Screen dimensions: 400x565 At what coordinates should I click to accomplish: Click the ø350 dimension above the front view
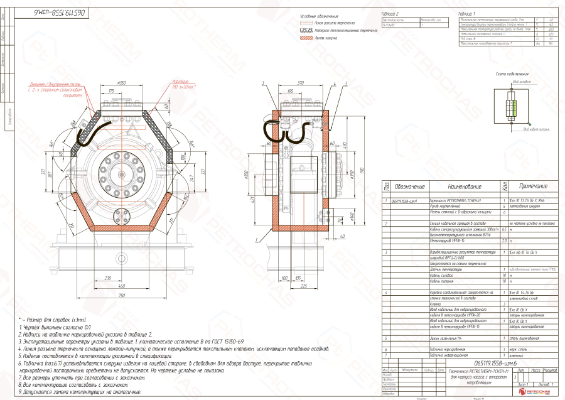[x=123, y=82]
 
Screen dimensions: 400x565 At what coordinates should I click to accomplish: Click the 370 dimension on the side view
[x=301, y=82]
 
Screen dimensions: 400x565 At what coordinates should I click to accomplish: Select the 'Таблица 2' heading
[x=390, y=13]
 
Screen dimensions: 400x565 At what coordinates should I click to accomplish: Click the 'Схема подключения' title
[x=510, y=73]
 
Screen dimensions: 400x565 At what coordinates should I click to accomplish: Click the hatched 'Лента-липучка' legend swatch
[x=306, y=38]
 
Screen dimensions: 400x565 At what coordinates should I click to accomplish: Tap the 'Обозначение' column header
[x=410, y=186]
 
